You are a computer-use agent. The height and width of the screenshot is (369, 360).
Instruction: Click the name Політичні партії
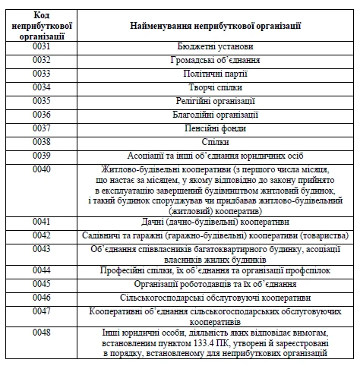[x=216, y=74]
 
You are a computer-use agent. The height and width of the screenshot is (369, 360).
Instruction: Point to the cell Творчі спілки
[x=216, y=87]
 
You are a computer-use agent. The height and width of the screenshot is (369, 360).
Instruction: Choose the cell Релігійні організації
[x=216, y=101]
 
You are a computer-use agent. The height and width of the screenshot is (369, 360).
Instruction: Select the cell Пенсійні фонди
[x=216, y=128]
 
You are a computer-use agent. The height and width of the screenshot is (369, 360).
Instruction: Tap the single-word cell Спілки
[x=216, y=142]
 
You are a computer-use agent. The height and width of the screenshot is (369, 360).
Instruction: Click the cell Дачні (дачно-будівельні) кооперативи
[x=216, y=222]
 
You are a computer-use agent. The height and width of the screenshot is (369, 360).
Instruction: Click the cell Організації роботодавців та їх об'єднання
[x=216, y=284]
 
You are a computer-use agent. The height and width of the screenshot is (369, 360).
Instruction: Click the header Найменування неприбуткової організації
[x=216, y=25]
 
